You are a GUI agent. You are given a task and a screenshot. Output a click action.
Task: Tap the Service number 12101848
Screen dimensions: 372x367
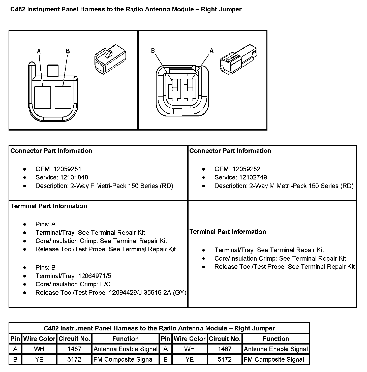74,177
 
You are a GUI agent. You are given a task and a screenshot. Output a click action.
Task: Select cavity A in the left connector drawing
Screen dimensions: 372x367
43,98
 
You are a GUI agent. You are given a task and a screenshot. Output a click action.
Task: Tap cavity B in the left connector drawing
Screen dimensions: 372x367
63,98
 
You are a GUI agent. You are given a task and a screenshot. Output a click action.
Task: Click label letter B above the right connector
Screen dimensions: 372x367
153,51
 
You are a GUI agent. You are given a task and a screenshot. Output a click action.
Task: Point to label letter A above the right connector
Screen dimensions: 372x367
211,51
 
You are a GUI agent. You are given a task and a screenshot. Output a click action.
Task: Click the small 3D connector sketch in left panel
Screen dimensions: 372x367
110,59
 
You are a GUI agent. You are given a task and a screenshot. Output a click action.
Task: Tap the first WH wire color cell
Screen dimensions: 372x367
39,349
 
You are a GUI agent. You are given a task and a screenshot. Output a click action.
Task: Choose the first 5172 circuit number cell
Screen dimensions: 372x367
74,359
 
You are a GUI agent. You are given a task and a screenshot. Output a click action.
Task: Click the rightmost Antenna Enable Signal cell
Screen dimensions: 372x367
276,349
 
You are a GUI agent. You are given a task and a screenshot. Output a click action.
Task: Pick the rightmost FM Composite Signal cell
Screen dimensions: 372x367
274,359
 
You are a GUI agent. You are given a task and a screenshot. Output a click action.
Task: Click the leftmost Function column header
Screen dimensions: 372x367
125,339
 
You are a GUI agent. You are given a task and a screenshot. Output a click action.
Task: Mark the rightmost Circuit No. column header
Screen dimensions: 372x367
225,339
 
